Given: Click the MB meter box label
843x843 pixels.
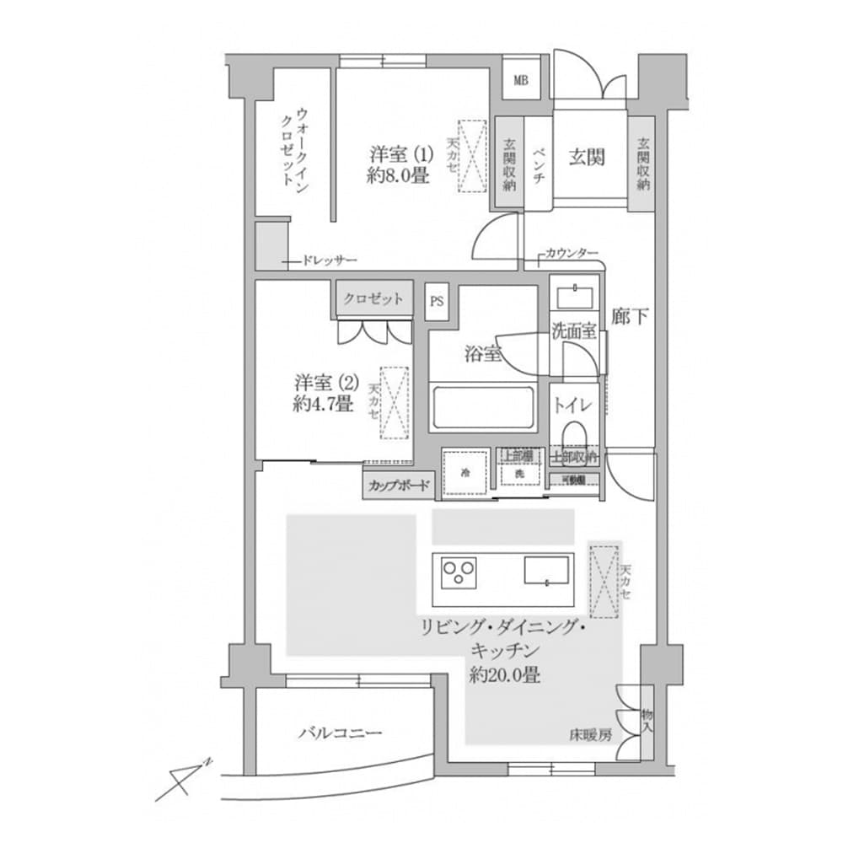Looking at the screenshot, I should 521,81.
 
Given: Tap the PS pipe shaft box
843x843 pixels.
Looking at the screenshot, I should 437,301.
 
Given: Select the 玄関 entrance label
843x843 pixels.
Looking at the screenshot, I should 588,157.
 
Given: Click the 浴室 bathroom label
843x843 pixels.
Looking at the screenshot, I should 483,354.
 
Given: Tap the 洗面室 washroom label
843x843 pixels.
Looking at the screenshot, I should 574,330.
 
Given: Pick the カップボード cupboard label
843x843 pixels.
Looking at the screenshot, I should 399,486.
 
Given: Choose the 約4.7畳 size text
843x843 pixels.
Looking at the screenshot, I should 323,404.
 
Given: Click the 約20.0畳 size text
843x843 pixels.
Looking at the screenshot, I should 506,674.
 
